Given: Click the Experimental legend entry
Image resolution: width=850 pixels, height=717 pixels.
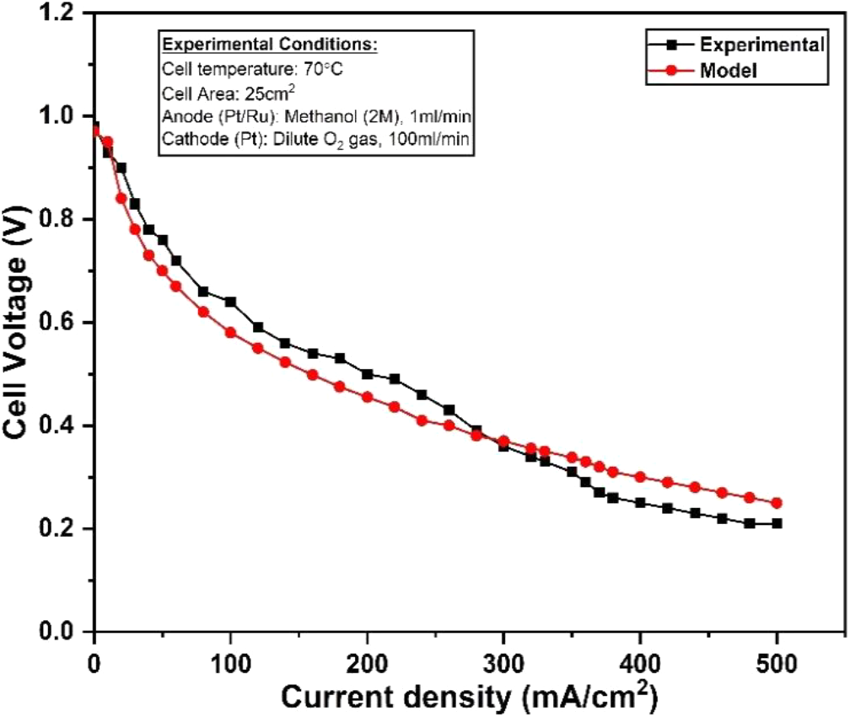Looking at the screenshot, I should pos(761,45).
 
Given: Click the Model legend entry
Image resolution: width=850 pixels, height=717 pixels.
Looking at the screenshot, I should pos(729,71).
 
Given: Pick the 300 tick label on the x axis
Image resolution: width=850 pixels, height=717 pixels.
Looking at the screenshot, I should pos(504,654).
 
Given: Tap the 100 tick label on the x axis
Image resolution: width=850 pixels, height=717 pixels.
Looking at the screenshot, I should pos(230,654).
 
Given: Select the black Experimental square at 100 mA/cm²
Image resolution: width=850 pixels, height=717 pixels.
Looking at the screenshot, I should pos(230,302).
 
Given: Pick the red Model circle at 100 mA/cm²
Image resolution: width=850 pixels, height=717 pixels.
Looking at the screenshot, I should pos(230,333).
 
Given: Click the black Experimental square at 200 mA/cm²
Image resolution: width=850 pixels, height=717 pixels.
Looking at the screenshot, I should pos(367,374).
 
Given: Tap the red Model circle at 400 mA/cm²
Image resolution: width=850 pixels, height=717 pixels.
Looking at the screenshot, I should pos(640,477).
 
